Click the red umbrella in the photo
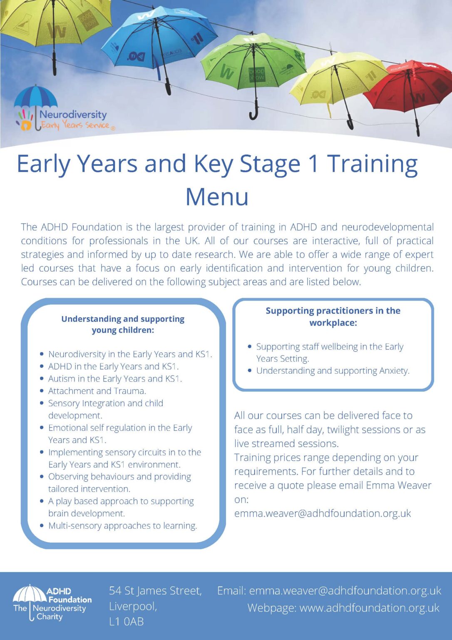408,86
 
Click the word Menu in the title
217,197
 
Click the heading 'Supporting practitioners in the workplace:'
333,317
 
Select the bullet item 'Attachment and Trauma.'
97,391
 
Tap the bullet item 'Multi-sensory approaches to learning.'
122,526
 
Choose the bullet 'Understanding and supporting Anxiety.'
333,370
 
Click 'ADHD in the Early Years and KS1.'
113,366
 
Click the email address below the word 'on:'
323,513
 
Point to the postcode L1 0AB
126,621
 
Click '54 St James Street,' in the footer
156,591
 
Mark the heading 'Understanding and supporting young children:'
123,324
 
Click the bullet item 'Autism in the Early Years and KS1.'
115,379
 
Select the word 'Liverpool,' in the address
133,606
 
